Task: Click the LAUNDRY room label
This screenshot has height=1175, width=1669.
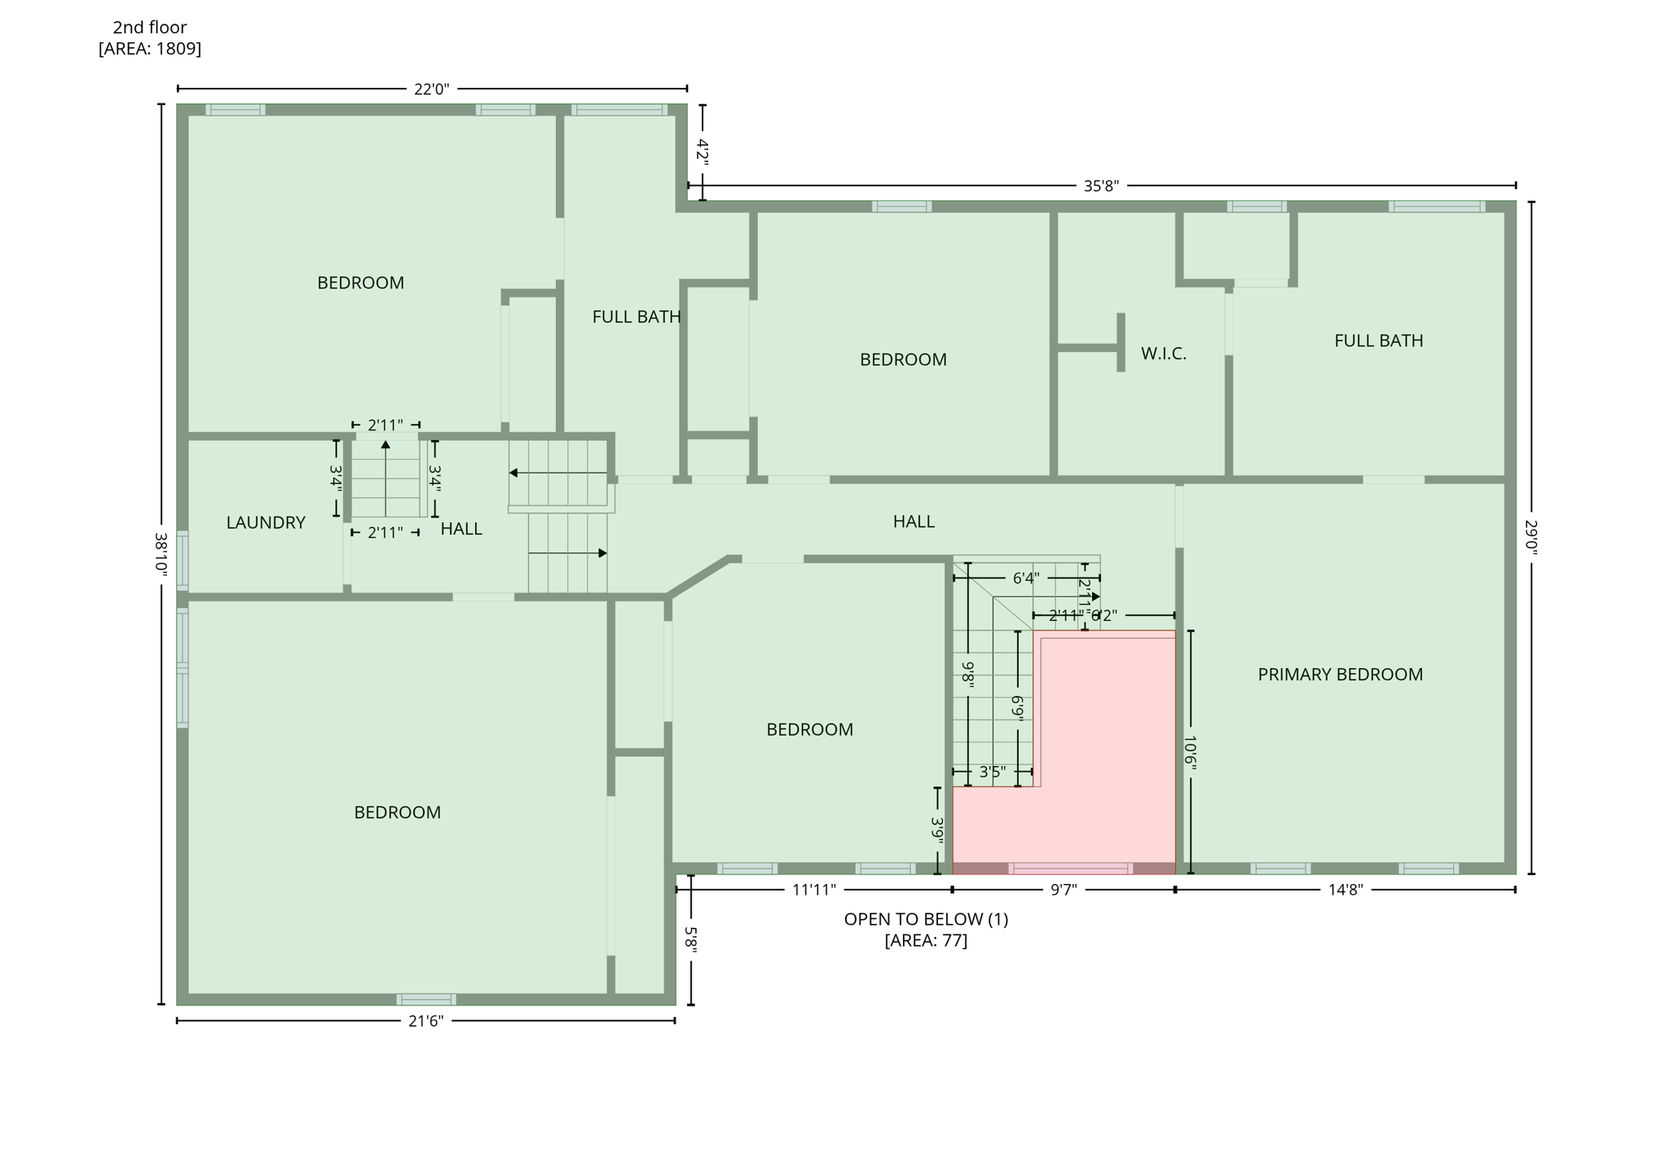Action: coord(266,523)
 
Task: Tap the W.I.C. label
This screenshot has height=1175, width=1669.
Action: coord(1163,354)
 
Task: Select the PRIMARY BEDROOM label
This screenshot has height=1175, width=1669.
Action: coord(1340,675)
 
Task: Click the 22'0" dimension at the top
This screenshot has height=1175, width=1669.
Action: coord(431,89)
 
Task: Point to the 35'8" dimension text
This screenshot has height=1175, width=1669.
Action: coord(1101,186)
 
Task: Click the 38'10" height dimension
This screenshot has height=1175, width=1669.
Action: coord(161,556)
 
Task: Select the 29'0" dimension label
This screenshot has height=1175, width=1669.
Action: coord(1531,539)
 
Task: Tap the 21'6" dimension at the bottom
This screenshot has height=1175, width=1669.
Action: coord(425,1021)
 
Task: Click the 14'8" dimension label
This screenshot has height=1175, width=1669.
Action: coord(1345,890)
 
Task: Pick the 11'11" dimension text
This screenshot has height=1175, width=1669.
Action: coord(814,890)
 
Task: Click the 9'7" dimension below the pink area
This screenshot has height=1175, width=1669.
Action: coord(1063,890)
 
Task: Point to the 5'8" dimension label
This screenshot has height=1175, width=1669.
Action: coord(691,940)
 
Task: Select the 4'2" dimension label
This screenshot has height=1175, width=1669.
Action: coord(702,152)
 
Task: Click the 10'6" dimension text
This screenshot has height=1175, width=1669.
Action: coord(1191,752)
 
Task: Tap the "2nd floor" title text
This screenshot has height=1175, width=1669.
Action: coord(150,28)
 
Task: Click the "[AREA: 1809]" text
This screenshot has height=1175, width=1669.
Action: coord(150,49)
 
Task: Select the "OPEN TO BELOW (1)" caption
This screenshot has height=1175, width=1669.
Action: coord(926,919)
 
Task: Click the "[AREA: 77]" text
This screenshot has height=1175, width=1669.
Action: coord(926,940)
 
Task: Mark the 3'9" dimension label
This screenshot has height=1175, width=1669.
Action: coord(938,830)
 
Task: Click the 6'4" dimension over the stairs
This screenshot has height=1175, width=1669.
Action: coord(1026,579)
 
